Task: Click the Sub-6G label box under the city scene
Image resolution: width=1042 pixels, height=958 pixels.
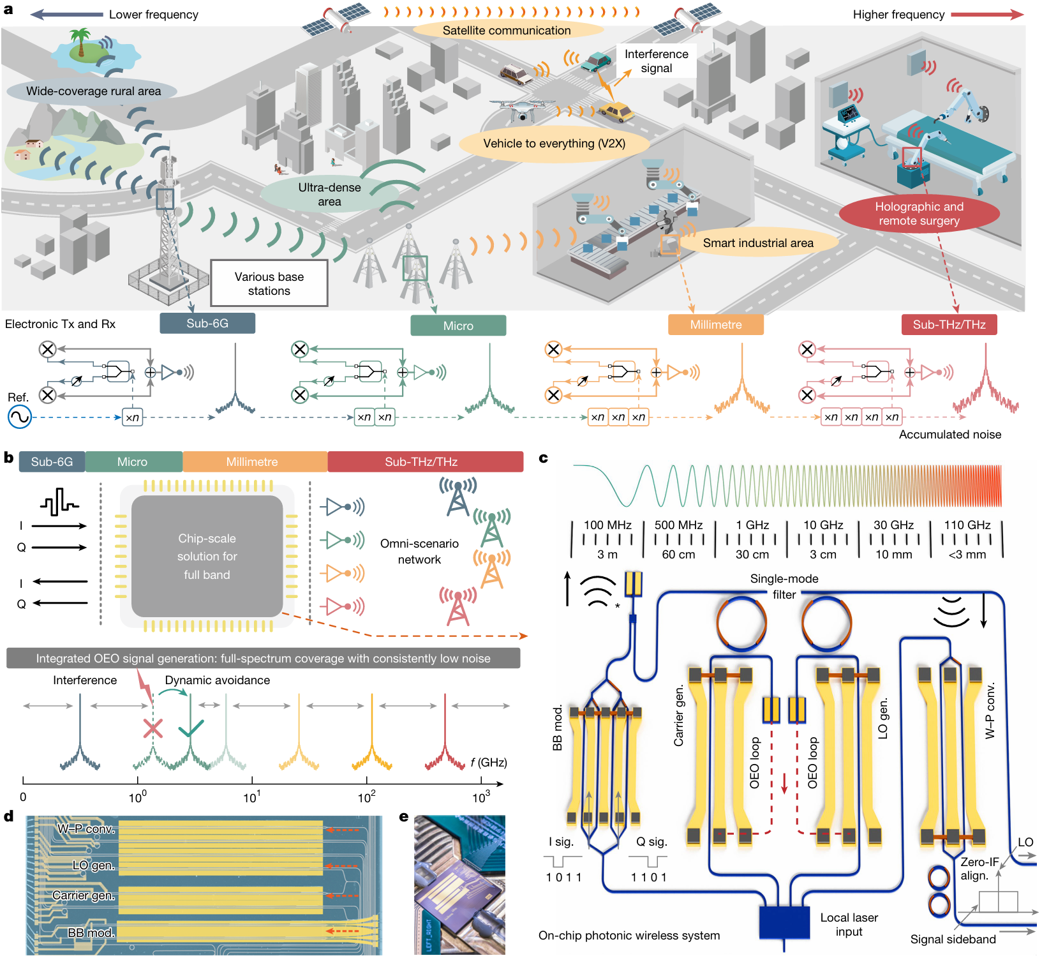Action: point(207,324)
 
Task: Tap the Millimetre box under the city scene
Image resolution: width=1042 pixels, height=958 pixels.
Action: point(715,325)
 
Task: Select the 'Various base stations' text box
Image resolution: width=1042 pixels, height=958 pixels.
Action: point(269,283)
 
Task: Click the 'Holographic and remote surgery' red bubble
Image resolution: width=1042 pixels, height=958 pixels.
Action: point(919,214)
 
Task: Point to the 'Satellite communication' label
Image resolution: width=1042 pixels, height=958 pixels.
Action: point(507,30)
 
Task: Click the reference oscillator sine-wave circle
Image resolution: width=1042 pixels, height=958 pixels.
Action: point(19,417)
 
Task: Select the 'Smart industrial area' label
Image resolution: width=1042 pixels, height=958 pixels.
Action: point(758,243)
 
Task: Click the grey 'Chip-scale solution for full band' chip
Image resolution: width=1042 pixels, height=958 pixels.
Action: point(207,556)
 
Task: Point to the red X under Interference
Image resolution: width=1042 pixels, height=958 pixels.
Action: point(153,728)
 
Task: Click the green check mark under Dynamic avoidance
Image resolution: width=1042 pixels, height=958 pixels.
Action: point(191,728)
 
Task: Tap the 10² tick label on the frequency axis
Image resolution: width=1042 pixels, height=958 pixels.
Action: point(366,797)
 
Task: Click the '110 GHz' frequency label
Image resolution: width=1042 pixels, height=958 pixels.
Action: point(967,525)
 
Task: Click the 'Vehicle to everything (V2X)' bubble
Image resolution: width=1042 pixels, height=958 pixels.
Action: point(554,144)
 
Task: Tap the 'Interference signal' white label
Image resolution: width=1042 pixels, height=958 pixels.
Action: point(656,61)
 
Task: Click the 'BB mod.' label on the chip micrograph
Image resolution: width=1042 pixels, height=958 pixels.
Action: point(91,932)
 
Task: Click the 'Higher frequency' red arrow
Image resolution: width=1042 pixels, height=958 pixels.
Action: point(987,15)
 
